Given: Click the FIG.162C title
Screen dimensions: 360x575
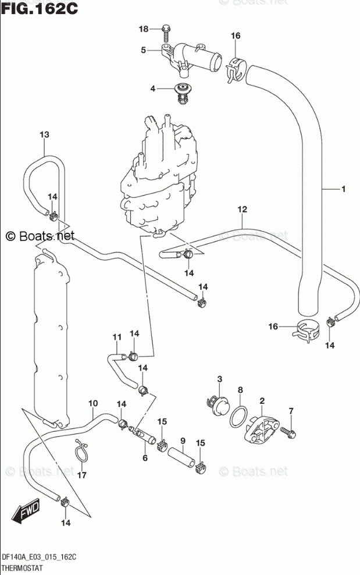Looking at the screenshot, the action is [x=39, y=8].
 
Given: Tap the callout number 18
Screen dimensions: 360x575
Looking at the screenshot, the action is [x=143, y=29].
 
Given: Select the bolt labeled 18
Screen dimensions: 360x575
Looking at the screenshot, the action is [x=166, y=33].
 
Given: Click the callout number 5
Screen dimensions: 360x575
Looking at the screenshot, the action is [x=143, y=50].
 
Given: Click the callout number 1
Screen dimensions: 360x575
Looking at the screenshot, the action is [x=344, y=189].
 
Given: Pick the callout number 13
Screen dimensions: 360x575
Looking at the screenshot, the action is [x=44, y=134].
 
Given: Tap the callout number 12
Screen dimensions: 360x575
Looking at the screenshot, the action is [x=243, y=210].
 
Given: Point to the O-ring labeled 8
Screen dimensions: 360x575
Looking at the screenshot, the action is [x=238, y=416].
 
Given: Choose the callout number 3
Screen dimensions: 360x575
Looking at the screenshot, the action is [x=220, y=379].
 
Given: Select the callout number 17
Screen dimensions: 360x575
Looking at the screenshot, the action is [x=82, y=475].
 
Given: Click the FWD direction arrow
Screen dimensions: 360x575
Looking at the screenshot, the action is [x=25, y=510].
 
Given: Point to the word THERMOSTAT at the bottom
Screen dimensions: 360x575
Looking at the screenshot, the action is [x=22, y=568].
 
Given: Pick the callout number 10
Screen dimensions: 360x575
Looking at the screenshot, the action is [x=92, y=403].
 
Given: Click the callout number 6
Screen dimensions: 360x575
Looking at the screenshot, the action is [x=145, y=457].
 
